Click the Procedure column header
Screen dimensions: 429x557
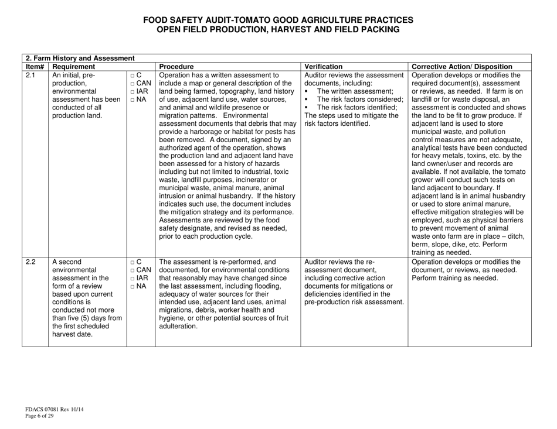[x=176, y=67]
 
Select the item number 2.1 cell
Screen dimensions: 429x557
[x=30, y=75]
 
